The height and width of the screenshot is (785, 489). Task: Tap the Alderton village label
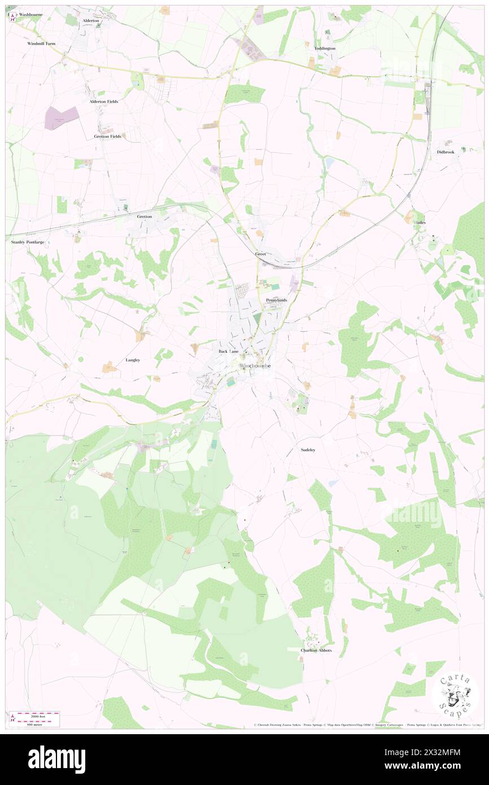91,20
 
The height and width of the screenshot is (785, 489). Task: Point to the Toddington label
325,49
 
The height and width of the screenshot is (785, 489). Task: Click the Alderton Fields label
104,102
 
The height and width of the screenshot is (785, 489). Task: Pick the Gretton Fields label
107,137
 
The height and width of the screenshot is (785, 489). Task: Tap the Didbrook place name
445,152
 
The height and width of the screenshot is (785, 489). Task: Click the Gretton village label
145,216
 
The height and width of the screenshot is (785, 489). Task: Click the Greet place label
260,254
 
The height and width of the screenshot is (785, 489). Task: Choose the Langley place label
133,360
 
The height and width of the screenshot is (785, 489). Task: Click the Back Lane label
229,351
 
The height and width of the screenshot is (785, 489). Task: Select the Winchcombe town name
255,366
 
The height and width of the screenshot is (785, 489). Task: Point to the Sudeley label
308,450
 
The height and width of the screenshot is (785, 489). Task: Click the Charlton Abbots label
316,651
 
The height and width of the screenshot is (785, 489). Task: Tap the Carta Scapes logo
455,694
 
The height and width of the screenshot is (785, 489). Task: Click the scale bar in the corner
37,718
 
